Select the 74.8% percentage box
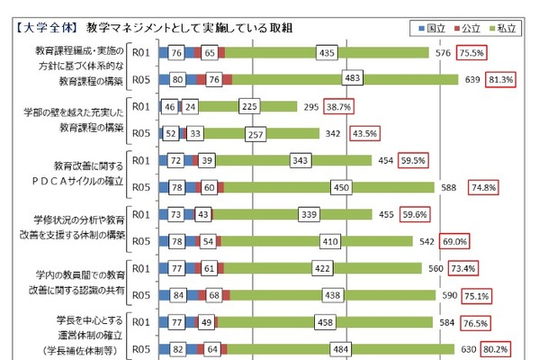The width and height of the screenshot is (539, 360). pyautogui.click(x=482, y=187)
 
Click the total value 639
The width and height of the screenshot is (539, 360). pyautogui.click(x=469, y=79)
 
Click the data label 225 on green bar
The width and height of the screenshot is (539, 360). pyautogui.click(x=250, y=106)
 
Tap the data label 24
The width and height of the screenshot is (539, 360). pyautogui.click(x=190, y=106)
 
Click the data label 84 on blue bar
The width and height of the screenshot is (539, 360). pyautogui.click(x=178, y=295)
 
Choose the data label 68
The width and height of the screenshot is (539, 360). pyautogui.click(x=214, y=295)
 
